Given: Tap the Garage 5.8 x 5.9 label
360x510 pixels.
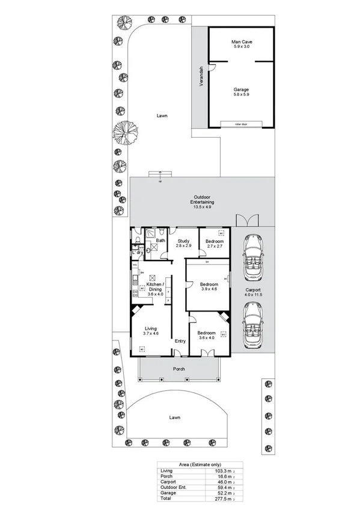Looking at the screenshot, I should (241, 92).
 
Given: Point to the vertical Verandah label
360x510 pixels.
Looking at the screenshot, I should (201, 76).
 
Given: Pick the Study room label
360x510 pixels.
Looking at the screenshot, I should (183, 244).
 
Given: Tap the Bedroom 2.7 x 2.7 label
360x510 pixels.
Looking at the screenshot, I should (215, 244).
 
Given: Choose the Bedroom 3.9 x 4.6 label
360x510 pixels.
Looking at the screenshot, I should (208, 286).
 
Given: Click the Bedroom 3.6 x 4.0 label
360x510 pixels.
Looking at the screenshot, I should (207, 335).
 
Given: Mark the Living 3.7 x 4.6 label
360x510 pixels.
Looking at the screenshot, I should (150, 331).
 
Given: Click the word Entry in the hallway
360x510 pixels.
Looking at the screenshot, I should (180, 342).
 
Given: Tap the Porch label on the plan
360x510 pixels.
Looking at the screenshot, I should (178, 369).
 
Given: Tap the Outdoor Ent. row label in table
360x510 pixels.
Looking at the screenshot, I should (170, 488).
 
